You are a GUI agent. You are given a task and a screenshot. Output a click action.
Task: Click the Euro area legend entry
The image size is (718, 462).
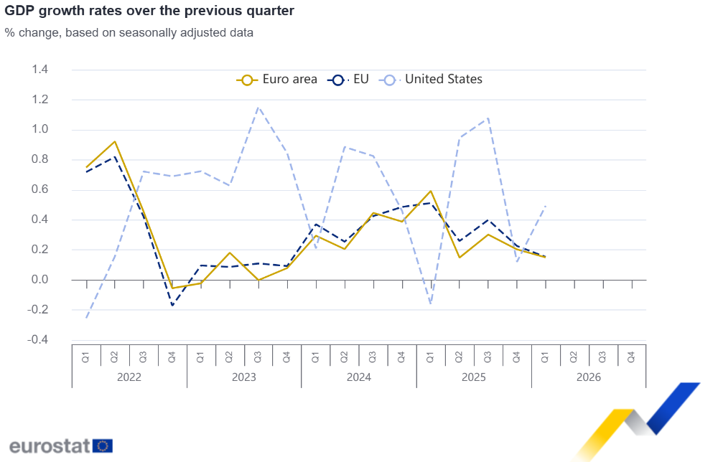click(x=276, y=80)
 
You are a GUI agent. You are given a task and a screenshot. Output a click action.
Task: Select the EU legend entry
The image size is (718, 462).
click(x=348, y=80)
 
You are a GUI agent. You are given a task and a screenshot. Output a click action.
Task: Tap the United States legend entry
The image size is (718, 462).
click(x=430, y=80)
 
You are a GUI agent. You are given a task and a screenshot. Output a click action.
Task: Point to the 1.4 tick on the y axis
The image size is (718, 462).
click(x=39, y=70)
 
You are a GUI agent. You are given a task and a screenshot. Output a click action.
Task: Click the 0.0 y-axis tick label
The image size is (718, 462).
click(x=39, y=280)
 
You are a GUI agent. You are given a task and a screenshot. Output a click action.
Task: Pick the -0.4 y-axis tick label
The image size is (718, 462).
click(x=38, y=339)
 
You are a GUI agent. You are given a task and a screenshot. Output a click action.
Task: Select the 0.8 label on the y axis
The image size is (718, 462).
click(x=39, y=159)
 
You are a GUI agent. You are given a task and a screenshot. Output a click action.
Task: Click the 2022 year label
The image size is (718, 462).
click(x=129, y=377)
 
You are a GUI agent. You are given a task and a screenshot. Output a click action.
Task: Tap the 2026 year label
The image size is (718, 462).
click(x=589, y=377)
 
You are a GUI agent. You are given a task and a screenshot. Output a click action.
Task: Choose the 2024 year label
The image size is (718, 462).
click(x=359, y=377)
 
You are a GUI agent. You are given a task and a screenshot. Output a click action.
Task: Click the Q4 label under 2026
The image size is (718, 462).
click(x=631, y=357)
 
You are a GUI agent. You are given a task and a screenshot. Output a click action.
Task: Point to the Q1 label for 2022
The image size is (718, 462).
click(x=85, y=357)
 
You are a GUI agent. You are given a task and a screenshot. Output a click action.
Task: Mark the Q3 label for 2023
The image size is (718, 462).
click(x=258, y=357)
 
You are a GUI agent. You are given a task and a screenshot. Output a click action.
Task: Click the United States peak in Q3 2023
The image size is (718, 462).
click(x=258, y=108)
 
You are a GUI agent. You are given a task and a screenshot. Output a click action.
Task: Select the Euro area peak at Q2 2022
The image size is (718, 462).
click(x=115, y=141)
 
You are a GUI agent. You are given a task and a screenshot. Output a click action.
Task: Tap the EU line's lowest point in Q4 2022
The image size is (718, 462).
click(x=172, y=305)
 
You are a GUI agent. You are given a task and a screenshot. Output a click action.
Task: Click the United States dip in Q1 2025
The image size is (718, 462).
click(x=430, y=303)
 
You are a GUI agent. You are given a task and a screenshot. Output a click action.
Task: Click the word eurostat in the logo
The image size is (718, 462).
click(x=50, y=446)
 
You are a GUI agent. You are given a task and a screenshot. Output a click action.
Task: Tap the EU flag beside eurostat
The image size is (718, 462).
click(x=103, y=446)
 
